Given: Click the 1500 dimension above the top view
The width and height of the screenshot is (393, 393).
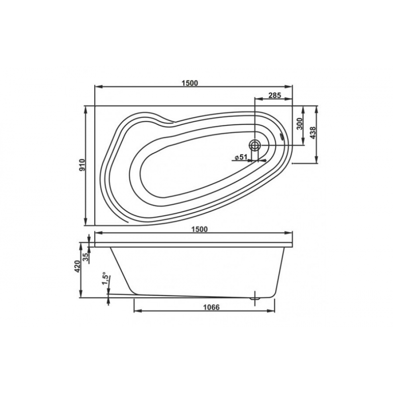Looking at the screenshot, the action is pos(190,83).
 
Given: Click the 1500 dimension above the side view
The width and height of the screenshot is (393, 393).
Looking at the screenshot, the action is pos(200,229).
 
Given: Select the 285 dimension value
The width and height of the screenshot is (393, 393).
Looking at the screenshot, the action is pos(275,95).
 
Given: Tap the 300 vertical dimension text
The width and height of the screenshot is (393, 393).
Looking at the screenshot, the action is pos(300,123).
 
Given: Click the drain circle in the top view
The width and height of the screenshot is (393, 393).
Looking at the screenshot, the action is pos(255,145).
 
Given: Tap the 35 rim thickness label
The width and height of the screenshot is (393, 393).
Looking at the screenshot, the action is pos(85,257).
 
